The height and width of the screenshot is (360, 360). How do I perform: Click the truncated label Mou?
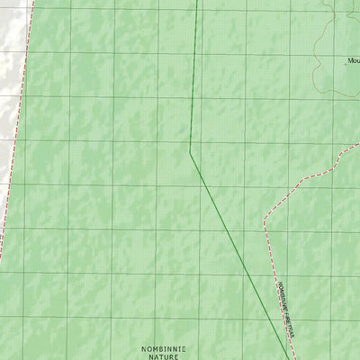coord(353,61)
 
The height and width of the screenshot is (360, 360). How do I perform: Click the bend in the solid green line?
coord(190,151)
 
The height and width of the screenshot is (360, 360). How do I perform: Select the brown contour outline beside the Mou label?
coord(317,54)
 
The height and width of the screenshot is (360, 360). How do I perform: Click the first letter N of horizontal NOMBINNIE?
coord(144,346)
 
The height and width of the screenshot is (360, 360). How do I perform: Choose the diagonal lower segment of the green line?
coord(238,252)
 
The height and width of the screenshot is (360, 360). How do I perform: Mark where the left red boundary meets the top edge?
coord(33,1)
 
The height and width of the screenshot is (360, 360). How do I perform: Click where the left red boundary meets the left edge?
coord(1,256)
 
